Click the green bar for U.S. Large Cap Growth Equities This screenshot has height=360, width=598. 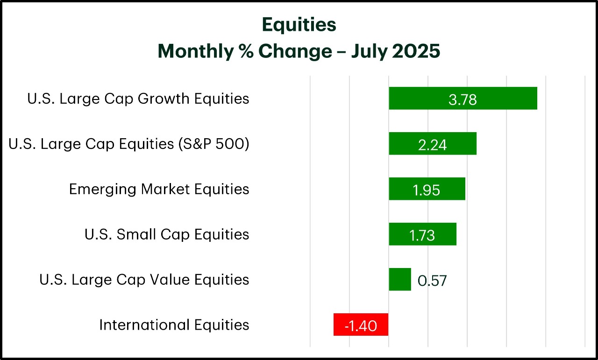(x=463, y=98)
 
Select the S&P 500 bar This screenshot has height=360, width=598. (x=433, y=143)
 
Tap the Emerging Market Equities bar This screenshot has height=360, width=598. (x=427, y=189)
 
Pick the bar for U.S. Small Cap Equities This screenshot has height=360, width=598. (x=423, y=234)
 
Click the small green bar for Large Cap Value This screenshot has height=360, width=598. (x=400, y=279)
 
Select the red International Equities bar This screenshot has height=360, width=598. (x=361, y=325)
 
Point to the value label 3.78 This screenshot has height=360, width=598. (x=463, y=100)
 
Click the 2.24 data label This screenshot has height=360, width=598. (x=433, y=145)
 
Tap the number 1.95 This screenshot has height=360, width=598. (x=427, y=191)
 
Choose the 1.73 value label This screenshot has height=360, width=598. (x=422, y=236)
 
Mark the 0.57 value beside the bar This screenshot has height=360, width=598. (x=432, y=281)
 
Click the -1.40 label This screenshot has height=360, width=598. (x=361, y=326)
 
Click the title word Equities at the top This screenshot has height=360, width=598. (x=299, y=25)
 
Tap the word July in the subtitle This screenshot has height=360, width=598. (x=369, y=52)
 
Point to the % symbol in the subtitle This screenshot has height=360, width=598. (x=246, y=51)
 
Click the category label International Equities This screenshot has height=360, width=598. (x=174, y=325)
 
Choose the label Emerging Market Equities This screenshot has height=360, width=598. (x=159, y=190)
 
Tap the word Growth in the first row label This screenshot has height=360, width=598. (x=164, y=99)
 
